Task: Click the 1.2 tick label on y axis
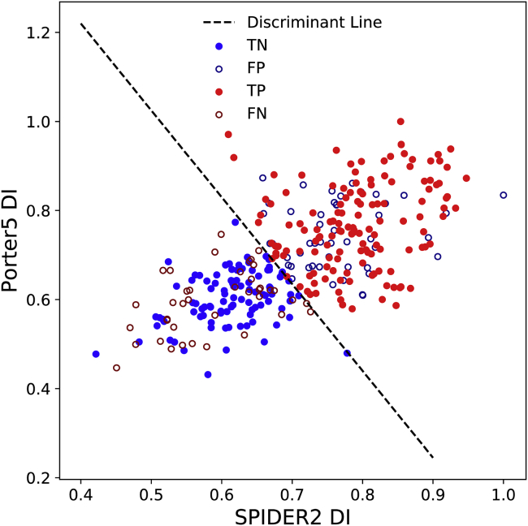point(37,32)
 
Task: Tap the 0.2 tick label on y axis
point(37,478)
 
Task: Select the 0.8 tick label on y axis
point(37,211)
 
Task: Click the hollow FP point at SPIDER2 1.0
point(504,195)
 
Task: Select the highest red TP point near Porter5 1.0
point(400,121)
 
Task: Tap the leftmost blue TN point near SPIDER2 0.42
point(96,354)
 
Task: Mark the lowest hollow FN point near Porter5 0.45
point(116,368)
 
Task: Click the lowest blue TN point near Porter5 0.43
point(208,374)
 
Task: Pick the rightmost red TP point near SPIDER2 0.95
point(466,178)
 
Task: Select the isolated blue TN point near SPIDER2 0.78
point(348,353)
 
